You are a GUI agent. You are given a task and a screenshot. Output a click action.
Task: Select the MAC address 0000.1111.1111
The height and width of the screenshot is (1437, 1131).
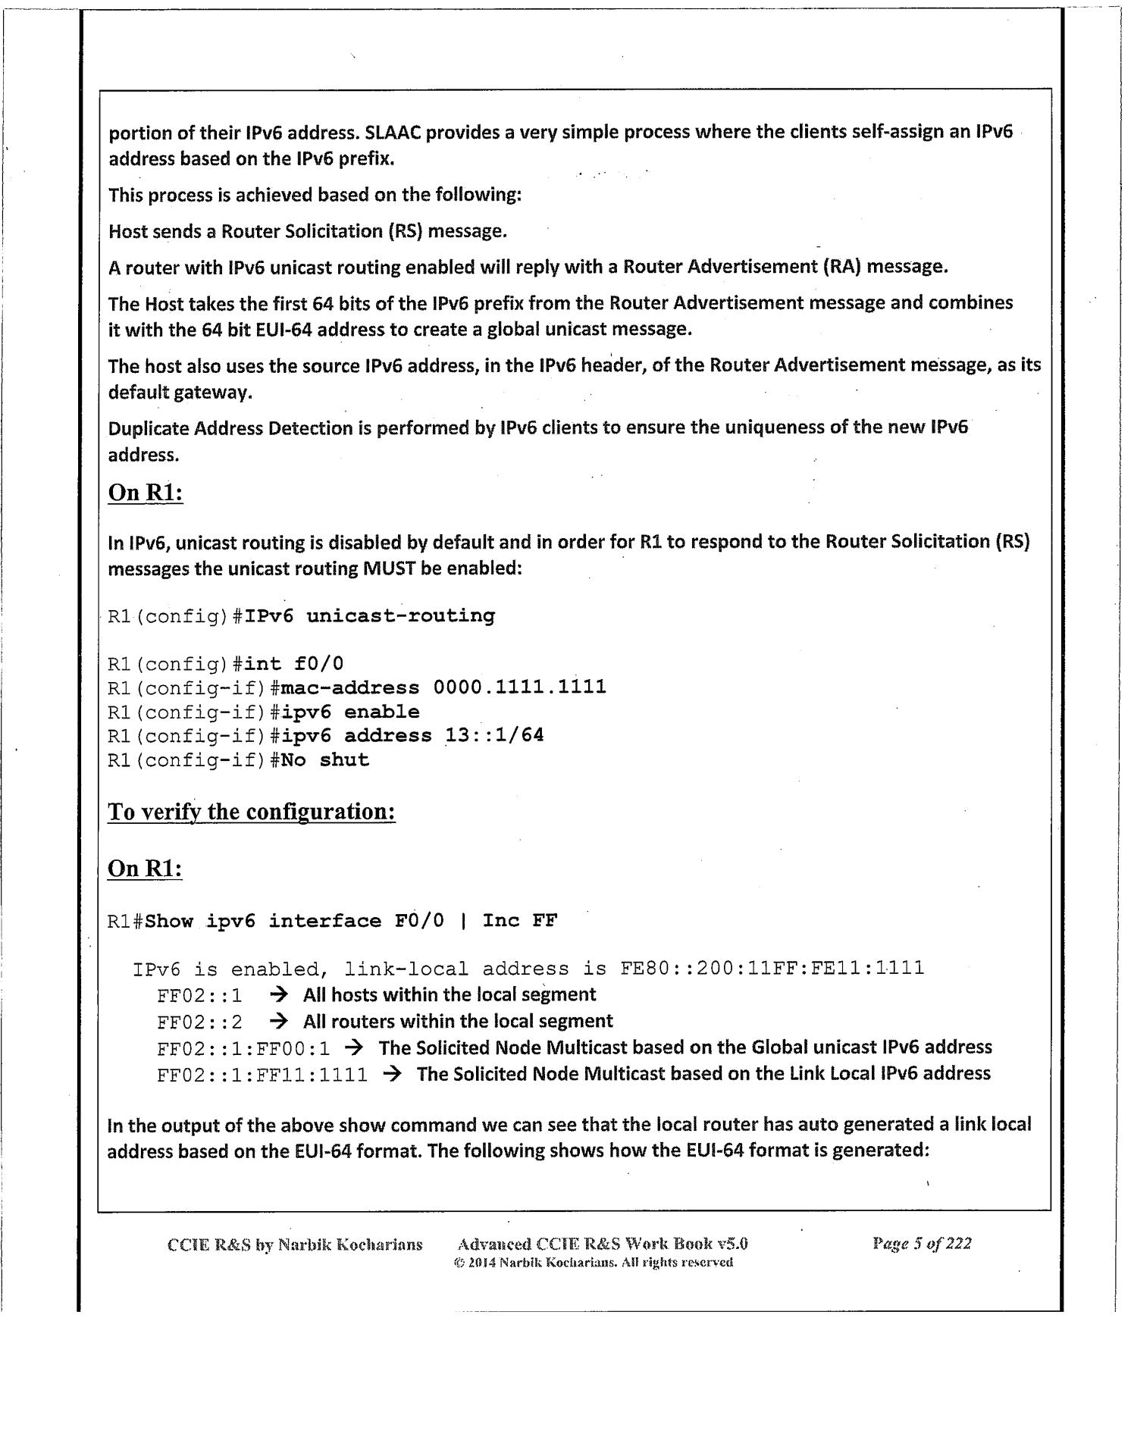[519, 687]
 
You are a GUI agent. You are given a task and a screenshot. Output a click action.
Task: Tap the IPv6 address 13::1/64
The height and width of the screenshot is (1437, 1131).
[494, 735]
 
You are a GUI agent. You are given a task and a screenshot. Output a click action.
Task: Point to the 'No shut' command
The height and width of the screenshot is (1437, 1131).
[324, 759]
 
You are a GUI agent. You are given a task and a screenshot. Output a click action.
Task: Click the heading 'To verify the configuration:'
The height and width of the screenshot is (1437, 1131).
[252, 812]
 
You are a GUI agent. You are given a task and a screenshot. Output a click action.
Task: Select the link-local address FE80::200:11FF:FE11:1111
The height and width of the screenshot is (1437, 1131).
[772, 968]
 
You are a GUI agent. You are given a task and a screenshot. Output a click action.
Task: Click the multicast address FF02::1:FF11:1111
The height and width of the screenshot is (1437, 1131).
[262, 1075]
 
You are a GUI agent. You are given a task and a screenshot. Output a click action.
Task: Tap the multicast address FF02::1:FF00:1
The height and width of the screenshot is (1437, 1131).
[243, 1048]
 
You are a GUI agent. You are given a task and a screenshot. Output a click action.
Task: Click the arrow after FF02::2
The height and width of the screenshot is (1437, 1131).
[278, 1021]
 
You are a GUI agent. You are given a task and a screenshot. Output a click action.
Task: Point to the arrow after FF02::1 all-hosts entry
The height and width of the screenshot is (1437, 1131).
[278, 994]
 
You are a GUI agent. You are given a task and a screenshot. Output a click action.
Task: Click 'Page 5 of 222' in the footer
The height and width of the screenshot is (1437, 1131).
[922, 1243]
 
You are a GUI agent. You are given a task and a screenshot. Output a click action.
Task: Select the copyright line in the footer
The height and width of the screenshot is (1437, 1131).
[592, 1262]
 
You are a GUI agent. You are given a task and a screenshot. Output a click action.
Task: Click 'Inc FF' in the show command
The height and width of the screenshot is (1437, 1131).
[519, 921]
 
